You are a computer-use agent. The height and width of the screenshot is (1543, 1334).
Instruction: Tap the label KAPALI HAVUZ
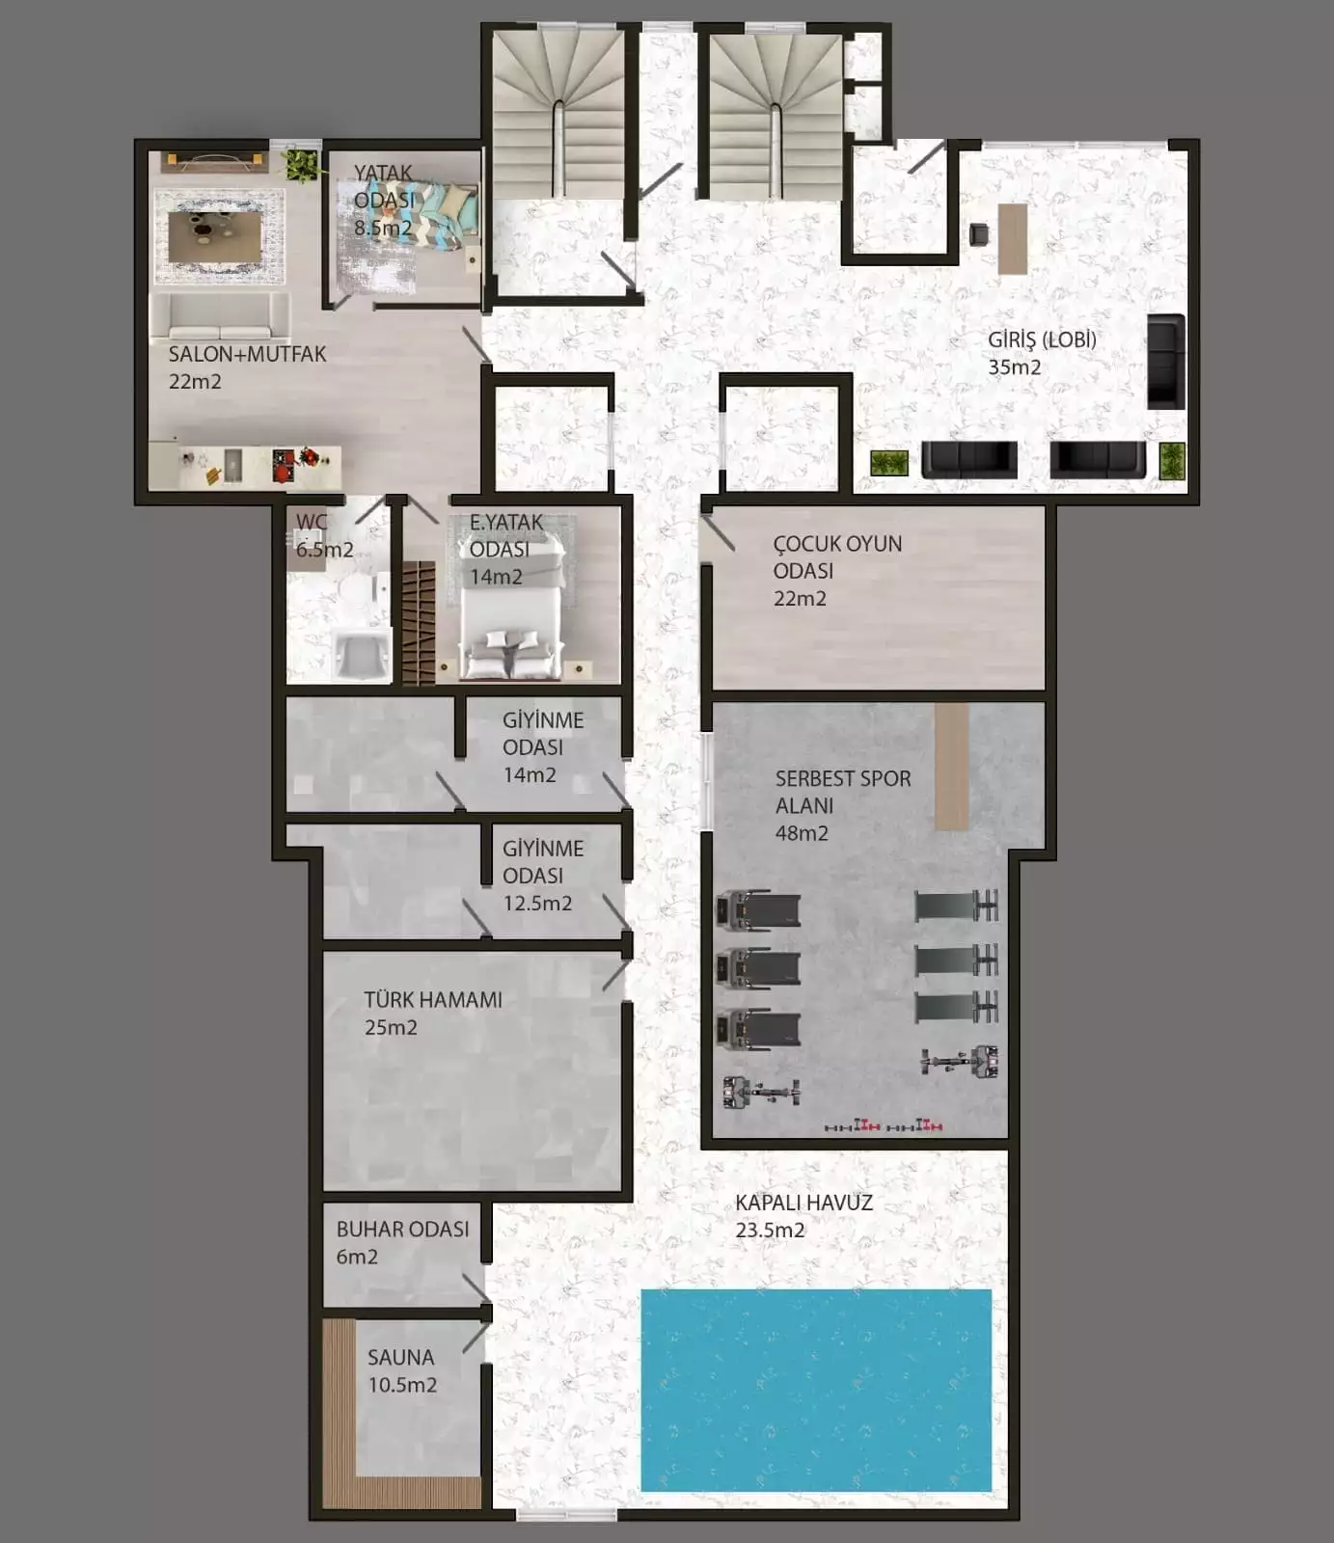pyautogui.click(x=803, y=1203)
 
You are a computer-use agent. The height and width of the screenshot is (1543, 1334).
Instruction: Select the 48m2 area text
pyautogui.click(x=802, y=833)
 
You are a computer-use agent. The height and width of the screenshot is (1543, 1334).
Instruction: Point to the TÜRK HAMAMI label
pyautogui.click(x=433, y=1000)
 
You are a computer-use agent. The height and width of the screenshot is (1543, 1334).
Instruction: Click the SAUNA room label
pyautogui.click(x=400, y=1357)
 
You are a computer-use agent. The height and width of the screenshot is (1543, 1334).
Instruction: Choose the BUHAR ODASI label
pyautogui.click(x=402, y=1230)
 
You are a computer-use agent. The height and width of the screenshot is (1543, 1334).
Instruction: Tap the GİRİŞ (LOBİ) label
pyautogui.click(x=1042, y=339)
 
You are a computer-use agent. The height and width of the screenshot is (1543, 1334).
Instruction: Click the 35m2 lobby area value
pyautogui.click(x=1014, y=367)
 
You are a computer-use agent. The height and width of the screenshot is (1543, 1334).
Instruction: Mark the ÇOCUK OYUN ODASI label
pyautogui.click(x=837, y=557)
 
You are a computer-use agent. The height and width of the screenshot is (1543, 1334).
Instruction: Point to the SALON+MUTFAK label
pyautogui.click(x=247, y=354)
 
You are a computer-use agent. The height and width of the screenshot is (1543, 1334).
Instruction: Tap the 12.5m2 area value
pyautogui.click(x=537, y=904)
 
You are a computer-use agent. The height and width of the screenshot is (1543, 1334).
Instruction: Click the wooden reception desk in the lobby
pyautogui.click(x=1013, y=238)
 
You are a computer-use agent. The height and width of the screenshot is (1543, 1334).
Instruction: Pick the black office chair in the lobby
pyautogui.click(x=979, y=233)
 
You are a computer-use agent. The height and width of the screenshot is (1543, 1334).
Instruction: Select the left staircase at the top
pyautogui.click(x=558, y=114)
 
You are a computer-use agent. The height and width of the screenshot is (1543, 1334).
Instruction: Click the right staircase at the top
pyautogui.click(x=776, y=114)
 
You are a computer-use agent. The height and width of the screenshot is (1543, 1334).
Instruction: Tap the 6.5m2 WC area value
pyautogui.click(x=324, y=550)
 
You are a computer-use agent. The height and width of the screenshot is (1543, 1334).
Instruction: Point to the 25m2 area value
pyautogui.click(x=391, y=1028)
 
